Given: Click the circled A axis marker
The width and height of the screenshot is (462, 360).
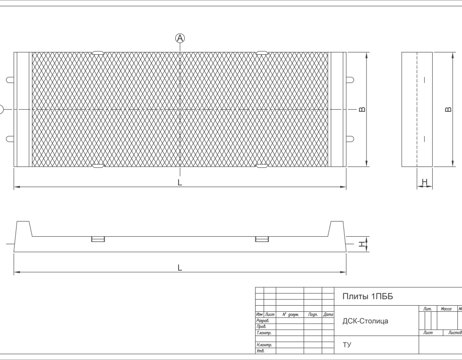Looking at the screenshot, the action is (180, 38).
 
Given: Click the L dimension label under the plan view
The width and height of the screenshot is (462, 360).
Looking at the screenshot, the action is (180, 182).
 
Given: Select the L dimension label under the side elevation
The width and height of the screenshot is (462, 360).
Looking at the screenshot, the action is (180, 268).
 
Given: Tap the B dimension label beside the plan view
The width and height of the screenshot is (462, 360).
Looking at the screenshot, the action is (362, 109).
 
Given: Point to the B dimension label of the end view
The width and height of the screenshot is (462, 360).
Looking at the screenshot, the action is (448, 109).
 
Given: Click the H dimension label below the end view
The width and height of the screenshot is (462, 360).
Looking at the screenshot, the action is (425, 182).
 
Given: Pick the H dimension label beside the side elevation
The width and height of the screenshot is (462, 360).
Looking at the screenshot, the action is (361, 244).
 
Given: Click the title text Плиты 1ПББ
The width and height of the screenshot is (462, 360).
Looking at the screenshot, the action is (368, 296).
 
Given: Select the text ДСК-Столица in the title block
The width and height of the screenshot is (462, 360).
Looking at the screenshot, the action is (365, 321).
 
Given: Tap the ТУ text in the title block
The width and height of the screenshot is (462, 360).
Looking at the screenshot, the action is (347, 345).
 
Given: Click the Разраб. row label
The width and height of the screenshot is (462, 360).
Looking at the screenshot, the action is (263, 320).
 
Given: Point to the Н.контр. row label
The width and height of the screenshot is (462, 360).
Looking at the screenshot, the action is (264, 345).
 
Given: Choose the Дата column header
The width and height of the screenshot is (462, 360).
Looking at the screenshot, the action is (328, 315).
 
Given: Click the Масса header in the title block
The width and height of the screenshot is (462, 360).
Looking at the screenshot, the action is (446, 309).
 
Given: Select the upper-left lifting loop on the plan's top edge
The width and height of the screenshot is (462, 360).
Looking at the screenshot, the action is (98, 53).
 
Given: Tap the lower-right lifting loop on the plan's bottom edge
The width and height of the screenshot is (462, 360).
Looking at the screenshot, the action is (262, 166).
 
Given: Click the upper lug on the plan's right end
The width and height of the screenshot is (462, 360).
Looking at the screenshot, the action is (350, 79).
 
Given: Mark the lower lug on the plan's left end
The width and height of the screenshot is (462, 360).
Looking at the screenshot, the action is (10, 139).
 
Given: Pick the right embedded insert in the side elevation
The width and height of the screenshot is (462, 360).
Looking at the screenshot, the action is (262, 239).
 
